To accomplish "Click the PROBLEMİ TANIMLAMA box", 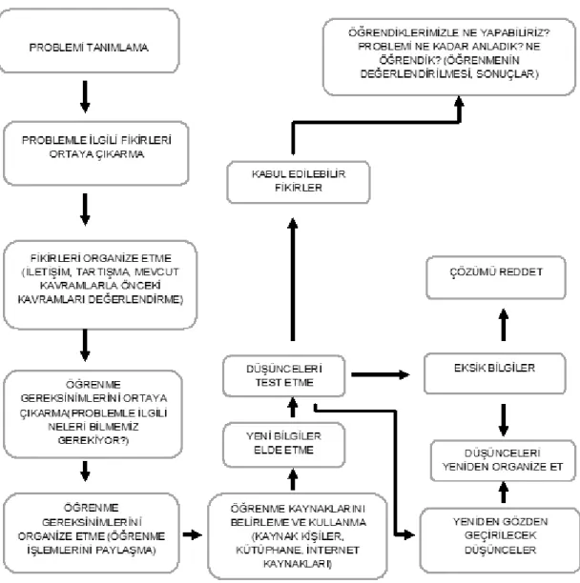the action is pyautogui.click(x=90, y=41).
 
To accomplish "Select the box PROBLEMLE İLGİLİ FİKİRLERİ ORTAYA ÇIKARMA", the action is pyautogui.click(x=96, y=153).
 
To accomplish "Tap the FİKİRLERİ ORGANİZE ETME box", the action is pyautogui.click(x=100, y=285).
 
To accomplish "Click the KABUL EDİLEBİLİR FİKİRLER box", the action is pyautogui.click(x=299, y=182).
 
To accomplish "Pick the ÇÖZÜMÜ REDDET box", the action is pyautogui.click(x=496, y=277).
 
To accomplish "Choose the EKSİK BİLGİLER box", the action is pyautogui.click(x=495, y=373).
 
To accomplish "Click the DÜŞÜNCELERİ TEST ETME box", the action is pyautogui.click(x=283, y=376).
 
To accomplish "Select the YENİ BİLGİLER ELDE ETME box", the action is pyautogui.click(x=283, y=445).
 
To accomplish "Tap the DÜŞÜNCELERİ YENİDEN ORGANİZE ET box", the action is pyautogui.click(x=503, y=461).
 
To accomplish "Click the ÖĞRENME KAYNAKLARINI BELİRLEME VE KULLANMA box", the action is pyautogui.click(x=298, y=536).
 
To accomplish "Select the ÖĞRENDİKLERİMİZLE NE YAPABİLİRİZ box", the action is pyautogui.click(x=449, y=57).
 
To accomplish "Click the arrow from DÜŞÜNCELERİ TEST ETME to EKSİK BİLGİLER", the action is pyautogui.click(x=381, y=374).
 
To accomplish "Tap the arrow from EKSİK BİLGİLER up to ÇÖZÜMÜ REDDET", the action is pyautogui.click(x=504, y=325).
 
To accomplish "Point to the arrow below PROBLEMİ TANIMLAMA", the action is pyautogui.click(x=85, y=96).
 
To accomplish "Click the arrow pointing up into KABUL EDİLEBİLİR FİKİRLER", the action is pyautogui.click(x=293, y=279).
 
